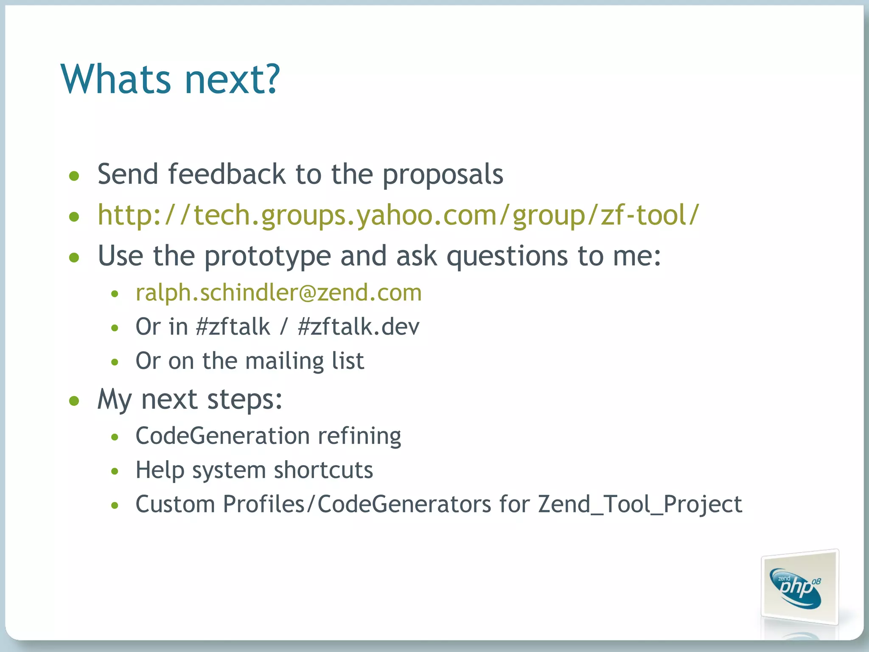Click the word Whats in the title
116,79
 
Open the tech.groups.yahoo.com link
398,215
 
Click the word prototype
267,256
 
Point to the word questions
507,256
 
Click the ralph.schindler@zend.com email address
278,293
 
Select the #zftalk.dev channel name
359,327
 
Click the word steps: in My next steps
245,400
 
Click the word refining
359,437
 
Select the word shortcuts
323,470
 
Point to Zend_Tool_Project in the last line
640,505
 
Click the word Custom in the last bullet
175,505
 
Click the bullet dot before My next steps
74,401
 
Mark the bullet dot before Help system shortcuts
115,471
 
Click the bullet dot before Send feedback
74,176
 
